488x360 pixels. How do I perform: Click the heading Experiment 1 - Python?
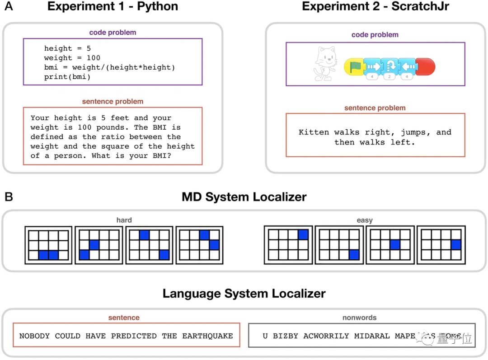113,7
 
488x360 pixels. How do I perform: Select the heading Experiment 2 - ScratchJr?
375,7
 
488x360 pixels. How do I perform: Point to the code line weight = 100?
72,58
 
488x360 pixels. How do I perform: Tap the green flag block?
354,66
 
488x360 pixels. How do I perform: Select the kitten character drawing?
324,64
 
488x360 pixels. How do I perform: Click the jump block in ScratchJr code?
389,66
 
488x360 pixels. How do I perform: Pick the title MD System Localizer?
244,197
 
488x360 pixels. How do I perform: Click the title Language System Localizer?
244,294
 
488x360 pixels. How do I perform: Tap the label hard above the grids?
124,220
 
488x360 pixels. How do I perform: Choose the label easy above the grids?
364,220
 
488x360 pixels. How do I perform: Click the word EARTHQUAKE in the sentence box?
207,336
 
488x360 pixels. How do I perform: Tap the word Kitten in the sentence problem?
314,132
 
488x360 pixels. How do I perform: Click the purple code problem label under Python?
113,33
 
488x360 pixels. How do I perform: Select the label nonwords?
360,318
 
